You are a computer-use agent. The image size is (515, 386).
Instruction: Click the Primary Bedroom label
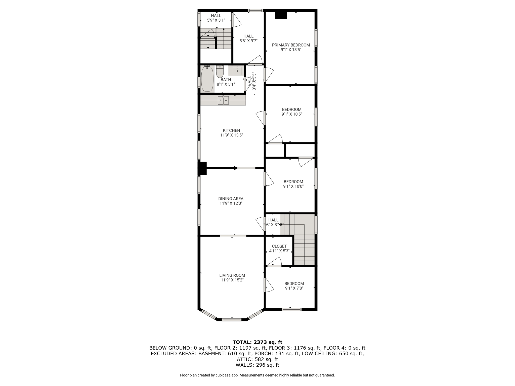click(x=291, y=45)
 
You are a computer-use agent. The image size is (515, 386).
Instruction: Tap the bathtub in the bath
click(x=207, y=79)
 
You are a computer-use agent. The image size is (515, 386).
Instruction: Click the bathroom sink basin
click(x=237, y=71)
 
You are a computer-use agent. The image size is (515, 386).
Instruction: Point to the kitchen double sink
click(x=223, y=100)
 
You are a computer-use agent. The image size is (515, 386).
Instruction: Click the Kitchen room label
click(x=231, y=130)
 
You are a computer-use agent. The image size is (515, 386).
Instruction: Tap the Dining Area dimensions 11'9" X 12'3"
click(x=231, y=203)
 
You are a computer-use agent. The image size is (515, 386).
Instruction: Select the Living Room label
click(x=232, y=275)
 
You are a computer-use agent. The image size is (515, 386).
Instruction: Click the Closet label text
click(x=279, y=246)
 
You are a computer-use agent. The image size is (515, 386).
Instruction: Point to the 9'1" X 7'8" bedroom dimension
click(x=294, y=288)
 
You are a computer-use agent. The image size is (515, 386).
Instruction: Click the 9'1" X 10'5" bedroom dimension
click(x=292, y=114)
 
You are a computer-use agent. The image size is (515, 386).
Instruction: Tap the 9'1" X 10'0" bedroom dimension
click(x=293, y=186)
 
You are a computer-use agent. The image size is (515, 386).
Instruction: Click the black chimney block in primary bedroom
click(x=281, y=15)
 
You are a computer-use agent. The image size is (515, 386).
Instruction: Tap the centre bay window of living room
click(x=232, y=320)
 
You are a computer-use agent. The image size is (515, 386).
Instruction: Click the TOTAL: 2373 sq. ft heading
click(x=257, y=342)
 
